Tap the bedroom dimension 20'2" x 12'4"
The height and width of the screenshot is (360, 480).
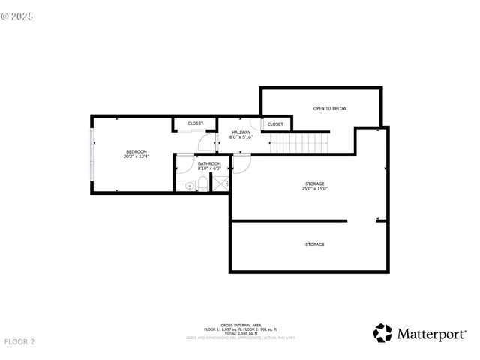(137, 157)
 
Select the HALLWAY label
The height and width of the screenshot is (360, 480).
(241, 133)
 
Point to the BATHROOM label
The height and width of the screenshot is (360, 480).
(209, 163)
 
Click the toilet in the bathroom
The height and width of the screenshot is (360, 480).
(202, 186)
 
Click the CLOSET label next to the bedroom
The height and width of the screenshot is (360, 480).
(195, 124)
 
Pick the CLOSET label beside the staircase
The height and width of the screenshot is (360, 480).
(275, 124)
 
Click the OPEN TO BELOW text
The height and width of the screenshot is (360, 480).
(330, 109)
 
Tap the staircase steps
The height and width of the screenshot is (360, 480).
(300, 142)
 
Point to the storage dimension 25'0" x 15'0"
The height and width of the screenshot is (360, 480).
(314, 189)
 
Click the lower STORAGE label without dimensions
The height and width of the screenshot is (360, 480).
(314, 244)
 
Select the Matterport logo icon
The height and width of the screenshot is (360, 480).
(382, 332)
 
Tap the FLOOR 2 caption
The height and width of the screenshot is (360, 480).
(20, 342)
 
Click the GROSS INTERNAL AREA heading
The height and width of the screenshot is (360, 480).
(241, 325)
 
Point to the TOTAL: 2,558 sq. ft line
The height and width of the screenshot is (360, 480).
(241, 334)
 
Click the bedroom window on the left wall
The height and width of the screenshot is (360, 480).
(92, 154)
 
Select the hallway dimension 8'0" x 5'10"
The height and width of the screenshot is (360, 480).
(241, 137)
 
